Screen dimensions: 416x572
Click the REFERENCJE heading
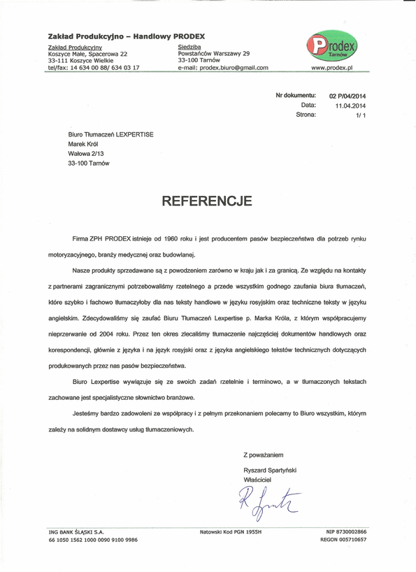(x=207, y=202)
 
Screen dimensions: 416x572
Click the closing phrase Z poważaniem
(x=264, y=455)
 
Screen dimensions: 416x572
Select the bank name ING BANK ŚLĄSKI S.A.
(x=76, y=531)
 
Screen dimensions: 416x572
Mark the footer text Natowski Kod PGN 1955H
(x=230, y=531)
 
